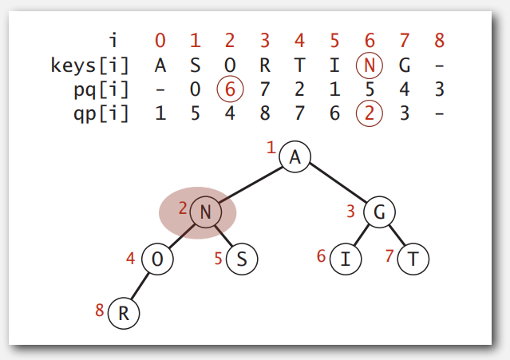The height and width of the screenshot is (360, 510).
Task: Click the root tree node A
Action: point(295,158)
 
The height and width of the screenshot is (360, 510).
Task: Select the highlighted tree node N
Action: point(204,212)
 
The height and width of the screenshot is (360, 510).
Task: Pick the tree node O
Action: point(156,259)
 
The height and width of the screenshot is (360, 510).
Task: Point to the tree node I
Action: point(345,259)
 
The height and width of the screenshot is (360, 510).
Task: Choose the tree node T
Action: point(413,259)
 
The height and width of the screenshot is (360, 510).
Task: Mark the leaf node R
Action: point(124,312)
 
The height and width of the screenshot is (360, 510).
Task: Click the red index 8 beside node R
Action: point(100,310)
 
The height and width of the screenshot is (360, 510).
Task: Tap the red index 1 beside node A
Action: point(271,148)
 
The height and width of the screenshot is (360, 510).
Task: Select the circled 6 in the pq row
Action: point(229,89)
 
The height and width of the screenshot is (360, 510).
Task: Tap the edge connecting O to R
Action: point(140,286)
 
